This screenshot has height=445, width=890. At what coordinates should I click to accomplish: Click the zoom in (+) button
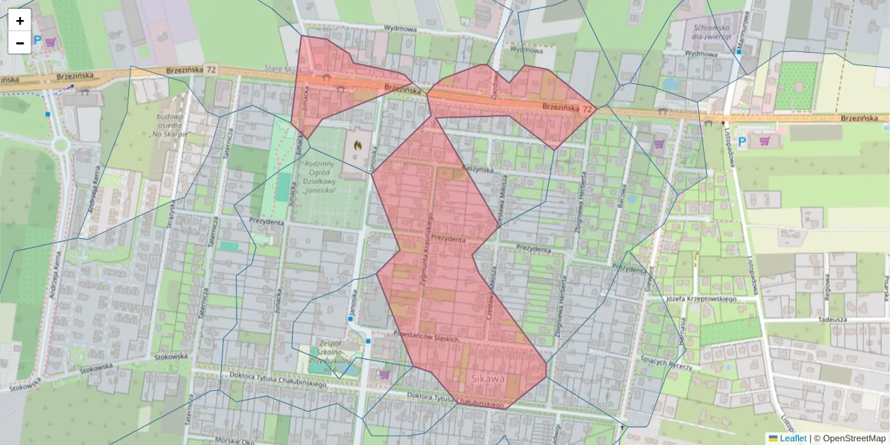point(20,21)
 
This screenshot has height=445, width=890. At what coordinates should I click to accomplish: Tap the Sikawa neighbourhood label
point(487,380)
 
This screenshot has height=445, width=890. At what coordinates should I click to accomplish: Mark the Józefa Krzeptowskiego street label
point(700,299)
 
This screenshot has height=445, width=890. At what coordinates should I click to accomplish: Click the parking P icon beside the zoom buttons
point(36,43)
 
